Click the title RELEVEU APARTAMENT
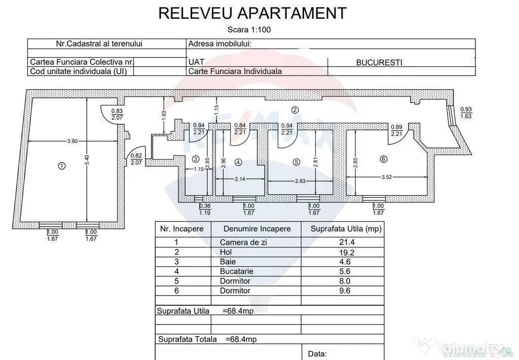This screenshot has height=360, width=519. tap(252, 13)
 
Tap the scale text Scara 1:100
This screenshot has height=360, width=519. tap(249, 30)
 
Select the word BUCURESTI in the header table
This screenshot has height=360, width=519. tap(379, 62)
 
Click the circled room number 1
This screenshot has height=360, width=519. tap(61, 166)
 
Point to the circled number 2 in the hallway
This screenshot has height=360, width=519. tap(294, 111)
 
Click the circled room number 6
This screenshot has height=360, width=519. tap(383, 159)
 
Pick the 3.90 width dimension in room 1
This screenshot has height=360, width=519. tap(72, 141)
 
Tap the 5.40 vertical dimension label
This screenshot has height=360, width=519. tap(87, 160)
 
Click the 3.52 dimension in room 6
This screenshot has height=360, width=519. tap(386, 177)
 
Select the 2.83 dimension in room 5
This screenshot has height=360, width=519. tap(300, 181)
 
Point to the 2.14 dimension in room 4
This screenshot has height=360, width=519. tap(240, 179)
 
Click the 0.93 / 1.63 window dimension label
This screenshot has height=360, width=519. tap(466, 113)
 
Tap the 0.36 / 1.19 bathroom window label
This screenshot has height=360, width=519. tap(205, 209)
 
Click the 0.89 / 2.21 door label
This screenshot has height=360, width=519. tap(396, 130)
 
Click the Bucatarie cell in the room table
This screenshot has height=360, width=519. tap(236, 272)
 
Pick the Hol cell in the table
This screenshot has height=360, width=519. tap(226, 253)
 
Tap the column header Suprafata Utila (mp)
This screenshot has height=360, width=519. tap(346, 229)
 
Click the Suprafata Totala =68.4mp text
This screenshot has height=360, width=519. tap(207, 340)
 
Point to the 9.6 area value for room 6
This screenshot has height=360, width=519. tap(345, 291)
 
